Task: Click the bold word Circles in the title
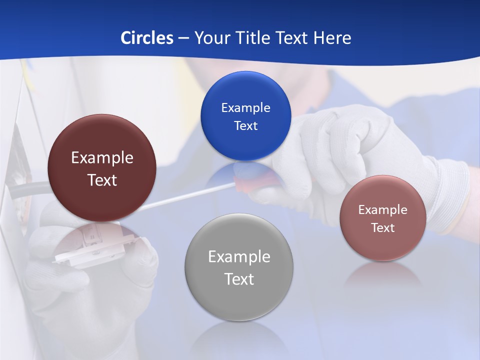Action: coord(146,38)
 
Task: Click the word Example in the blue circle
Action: coord(245,108)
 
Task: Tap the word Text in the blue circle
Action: coord(245,126)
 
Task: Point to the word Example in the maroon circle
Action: coord(102,158)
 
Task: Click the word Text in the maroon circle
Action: coord(102,180)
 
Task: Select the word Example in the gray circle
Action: coord(239,257)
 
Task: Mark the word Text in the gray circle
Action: coord(239,279)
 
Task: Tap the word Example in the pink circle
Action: coord(383,210)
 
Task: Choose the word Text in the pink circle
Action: coord(383,228)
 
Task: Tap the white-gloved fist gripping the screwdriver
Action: coord(330,145)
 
